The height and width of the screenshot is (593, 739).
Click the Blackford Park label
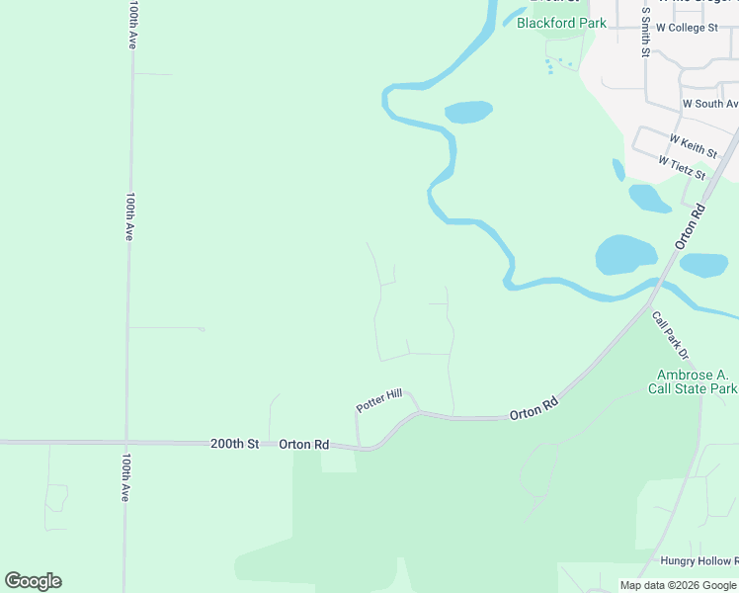(x=561, y=23)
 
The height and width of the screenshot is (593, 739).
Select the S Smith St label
(x=644, y=32)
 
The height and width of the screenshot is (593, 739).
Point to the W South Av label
(x=709, y=104)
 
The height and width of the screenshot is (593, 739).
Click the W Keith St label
(x=693, y=146)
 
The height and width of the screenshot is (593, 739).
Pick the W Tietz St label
(x=682, y=168)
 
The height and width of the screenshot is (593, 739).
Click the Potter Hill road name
(x=379, y=401)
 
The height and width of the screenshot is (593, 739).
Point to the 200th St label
(x=234, y=445)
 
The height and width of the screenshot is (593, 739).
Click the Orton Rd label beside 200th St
(x=303, y=445)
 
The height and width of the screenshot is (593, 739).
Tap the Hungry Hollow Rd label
(x=699, y=560)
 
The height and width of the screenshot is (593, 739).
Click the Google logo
(x=33, y=581)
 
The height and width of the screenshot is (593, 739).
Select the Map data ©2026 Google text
(x=678, y=585)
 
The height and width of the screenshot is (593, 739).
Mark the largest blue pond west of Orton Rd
(x=624, y=254)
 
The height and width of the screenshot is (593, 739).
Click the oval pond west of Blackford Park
(x=468, y=112)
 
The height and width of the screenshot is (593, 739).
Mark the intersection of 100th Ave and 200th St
(x=126, y=442)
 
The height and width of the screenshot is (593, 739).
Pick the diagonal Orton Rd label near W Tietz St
(x=690, y=225)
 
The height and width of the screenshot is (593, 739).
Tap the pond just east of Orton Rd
(x=704, y=265)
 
